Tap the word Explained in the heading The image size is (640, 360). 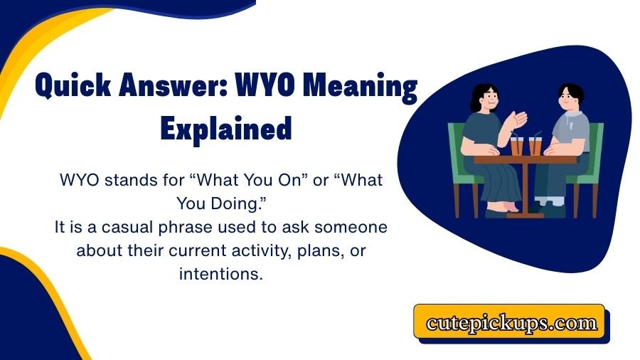pyautogui.click(x=226, y=129)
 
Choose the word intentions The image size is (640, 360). pyautogui.click(x=220, y=275)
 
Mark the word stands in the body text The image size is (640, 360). pyautogui.click(x=132, y=181)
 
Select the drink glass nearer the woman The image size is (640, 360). pyautogui.click(x=516, y=145)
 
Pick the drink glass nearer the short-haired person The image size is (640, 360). pyautogui.click(x=535, y=145)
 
